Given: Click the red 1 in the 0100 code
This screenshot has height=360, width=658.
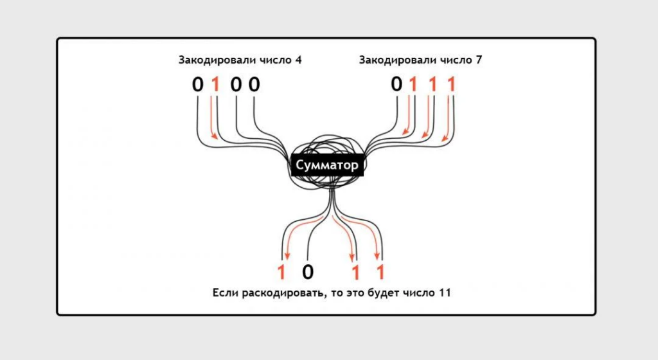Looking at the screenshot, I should [215, 84].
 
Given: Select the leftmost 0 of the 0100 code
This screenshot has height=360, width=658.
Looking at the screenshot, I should [197, 84].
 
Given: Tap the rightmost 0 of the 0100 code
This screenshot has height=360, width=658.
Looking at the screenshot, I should [254, 84].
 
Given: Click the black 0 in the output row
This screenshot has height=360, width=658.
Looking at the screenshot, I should [308, 273].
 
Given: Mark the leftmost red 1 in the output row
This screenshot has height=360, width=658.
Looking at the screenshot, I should [281, 273].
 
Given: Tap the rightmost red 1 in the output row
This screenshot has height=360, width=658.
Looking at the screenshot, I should [380, 273].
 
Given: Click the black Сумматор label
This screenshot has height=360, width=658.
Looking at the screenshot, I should [327, 165].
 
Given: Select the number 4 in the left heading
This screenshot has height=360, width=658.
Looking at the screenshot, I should [298, 60].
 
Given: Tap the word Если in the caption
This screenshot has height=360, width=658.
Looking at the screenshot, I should [225, 293].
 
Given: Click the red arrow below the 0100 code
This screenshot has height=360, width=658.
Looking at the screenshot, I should [214, 122].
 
